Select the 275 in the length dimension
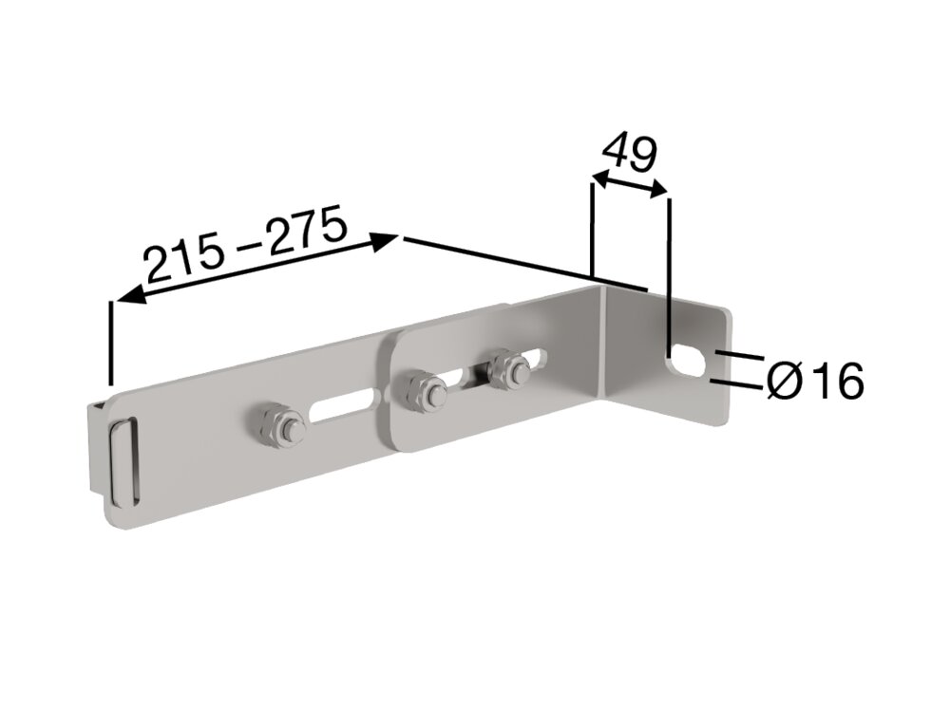(303, 233)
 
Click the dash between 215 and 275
(246, 246)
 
